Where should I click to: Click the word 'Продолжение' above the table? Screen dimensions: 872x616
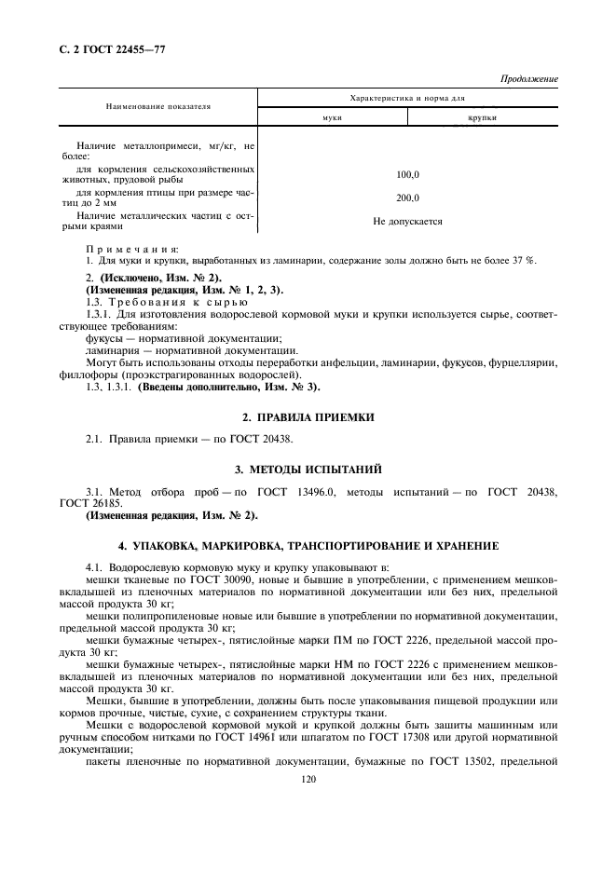tap(528, 79)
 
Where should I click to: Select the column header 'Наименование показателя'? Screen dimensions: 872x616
tap(157, 106)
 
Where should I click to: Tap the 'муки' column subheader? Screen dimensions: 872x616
tap(332, 118)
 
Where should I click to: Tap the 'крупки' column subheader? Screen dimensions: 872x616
tap(482, 118)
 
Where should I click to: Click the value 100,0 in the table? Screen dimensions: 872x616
tap(407, 174)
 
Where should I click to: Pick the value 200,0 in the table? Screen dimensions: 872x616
tap(407, 198)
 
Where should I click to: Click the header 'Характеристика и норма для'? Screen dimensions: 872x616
tap(407, 97)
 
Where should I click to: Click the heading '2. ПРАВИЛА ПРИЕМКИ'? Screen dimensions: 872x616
tap(308, 417)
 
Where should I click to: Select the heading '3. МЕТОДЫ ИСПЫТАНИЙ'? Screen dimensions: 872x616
tap(308, 467)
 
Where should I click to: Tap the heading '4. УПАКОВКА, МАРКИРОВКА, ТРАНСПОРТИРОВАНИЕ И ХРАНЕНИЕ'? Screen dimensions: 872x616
tap(308, 544)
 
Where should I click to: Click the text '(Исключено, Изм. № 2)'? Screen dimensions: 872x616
tap(154, 279)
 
